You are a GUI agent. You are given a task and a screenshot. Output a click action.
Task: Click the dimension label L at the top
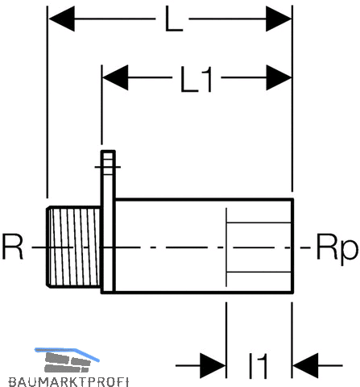click(174, 19)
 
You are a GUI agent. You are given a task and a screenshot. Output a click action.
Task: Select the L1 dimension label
click(197, 79)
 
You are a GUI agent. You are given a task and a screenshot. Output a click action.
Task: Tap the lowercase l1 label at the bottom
click(258, 366)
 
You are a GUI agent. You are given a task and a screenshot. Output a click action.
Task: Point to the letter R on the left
click(12, 247)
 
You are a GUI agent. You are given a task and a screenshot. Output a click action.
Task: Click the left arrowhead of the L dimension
click(62, 19)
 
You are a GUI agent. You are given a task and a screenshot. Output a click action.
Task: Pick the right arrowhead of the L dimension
click(279, 19)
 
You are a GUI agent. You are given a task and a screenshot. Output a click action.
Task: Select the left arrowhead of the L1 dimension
click(115, 77)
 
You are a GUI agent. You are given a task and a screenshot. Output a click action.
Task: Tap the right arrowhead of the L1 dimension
click(279, 77)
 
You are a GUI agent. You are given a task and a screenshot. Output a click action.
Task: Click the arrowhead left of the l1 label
click(213, 365)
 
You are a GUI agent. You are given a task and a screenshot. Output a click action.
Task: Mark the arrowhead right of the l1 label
click(305, 365)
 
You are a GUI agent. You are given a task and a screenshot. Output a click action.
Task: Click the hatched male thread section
click(74, 247)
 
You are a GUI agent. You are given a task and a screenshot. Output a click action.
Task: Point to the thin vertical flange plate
click(108, 222)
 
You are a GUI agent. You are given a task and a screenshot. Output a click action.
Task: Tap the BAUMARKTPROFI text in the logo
click(68, 382)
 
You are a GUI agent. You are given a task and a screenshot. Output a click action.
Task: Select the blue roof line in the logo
click(67, 353)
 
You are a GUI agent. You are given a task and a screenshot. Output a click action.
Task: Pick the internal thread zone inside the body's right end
click(259, 247)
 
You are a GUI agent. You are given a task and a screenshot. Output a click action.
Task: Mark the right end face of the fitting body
click(292, 246)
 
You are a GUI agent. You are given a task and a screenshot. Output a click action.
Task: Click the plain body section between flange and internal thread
click(171, 246)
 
